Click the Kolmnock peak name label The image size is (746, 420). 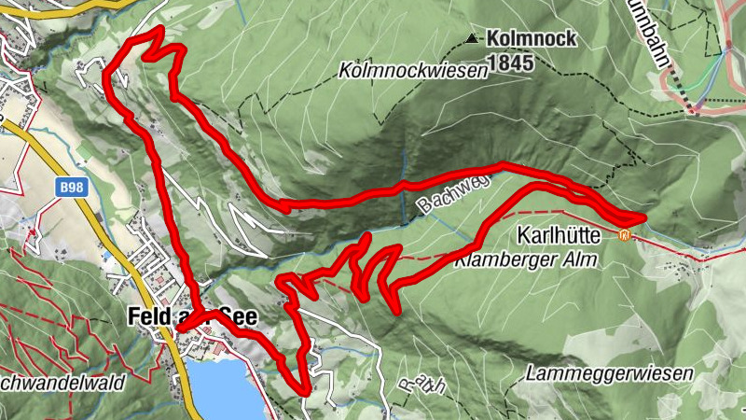[531, 38]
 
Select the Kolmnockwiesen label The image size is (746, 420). [414, 71]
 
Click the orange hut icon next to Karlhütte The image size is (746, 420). [625, 234]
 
